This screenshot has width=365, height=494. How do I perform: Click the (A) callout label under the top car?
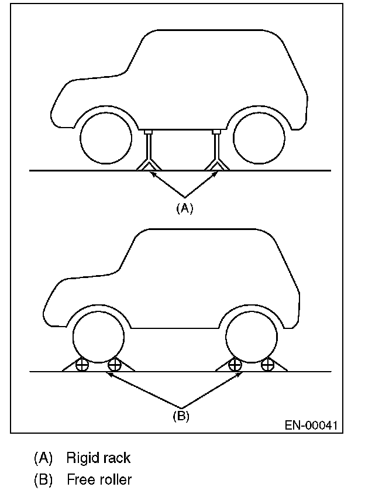[184, 208]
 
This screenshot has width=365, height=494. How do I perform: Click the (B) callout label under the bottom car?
[181, 417]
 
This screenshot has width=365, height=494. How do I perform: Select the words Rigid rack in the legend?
[98, 457]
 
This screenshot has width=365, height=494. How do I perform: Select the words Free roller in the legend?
[99, 480]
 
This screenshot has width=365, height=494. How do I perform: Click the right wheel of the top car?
[259, 140]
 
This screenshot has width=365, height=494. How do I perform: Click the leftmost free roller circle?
[81, 365]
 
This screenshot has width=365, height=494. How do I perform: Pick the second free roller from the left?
[115, 365]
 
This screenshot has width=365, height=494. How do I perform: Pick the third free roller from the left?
[235, 365]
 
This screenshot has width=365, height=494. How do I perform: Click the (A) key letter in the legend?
[43, 457]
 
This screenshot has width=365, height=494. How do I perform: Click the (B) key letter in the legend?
[43, 480]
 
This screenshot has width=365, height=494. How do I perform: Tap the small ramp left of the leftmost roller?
[68, 367]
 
